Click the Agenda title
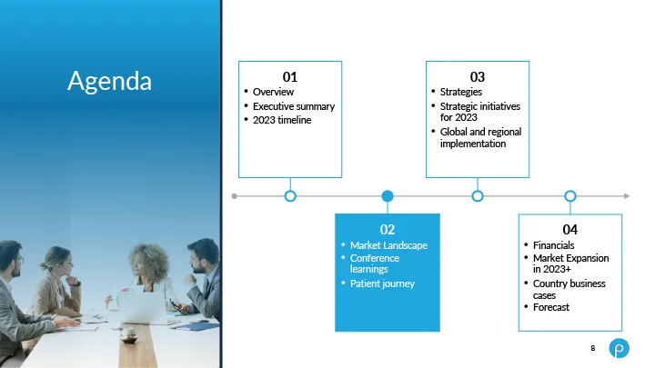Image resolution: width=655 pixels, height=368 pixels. point(109,81)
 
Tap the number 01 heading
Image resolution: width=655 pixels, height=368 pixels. point(290,76)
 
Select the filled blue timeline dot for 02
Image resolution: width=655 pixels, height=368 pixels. point(388,195)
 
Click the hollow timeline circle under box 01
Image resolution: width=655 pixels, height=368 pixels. point(290,195)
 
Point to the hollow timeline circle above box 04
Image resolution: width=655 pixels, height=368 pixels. point(570,195)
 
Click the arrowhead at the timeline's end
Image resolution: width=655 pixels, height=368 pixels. point(627,195)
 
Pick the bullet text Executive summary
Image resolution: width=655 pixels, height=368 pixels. point(294,106)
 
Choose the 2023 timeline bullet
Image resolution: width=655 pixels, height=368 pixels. point(282,120)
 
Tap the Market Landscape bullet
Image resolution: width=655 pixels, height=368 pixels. point(388,245)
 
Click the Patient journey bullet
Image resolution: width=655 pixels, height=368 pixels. point(382,283)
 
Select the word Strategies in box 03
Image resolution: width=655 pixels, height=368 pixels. point(460,92)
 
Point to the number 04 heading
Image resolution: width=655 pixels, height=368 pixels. point(569,230)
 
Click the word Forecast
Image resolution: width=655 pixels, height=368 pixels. point(551,307)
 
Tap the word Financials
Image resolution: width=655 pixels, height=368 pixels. point(553,245)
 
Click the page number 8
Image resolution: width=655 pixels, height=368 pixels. point(593,348)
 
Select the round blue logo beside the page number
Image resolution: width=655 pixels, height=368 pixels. point(620,348)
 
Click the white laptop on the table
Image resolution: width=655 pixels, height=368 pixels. point(142,307)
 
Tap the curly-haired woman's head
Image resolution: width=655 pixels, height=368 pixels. point(148,262)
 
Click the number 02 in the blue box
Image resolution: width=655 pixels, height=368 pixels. point(388,230)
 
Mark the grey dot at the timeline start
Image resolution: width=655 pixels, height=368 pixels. point(235,196)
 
